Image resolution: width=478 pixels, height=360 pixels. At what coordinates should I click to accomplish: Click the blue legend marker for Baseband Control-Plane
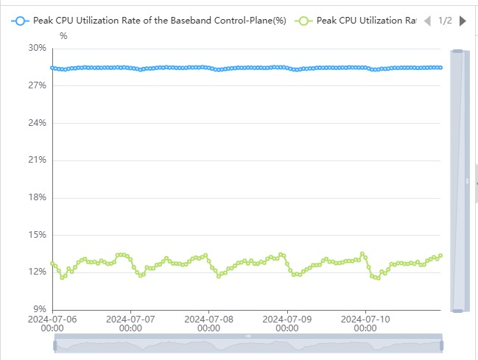point(21,21)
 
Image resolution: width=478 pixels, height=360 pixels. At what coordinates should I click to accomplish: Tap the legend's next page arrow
point(463,21)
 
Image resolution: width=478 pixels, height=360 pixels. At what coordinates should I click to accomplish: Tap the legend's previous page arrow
point(427,21)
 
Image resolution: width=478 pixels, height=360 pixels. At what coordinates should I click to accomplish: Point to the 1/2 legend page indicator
point(445,21)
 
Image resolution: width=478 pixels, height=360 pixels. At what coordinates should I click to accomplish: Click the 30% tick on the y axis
point(37,48)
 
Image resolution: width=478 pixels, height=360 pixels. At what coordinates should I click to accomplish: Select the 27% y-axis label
point(37,85)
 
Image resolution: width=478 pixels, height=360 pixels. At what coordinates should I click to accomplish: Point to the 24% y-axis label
point(37,123)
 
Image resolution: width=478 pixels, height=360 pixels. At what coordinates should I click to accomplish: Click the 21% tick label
point(37,160)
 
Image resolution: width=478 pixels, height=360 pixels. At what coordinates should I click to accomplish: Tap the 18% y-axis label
point(37,197)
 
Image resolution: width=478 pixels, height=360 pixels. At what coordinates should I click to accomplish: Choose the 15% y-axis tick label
point(37,235)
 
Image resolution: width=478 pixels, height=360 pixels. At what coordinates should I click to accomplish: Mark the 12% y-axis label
point(37,272)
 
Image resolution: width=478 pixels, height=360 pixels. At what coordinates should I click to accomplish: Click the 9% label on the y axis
point(39,309)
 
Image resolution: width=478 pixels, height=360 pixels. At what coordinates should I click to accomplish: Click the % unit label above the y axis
point(63,35)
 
